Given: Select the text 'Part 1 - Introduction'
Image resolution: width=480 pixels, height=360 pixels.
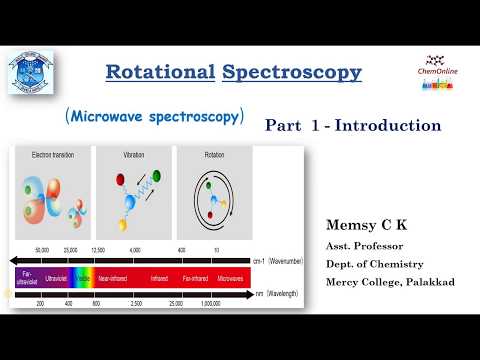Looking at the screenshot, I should click(x=352, y=125).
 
